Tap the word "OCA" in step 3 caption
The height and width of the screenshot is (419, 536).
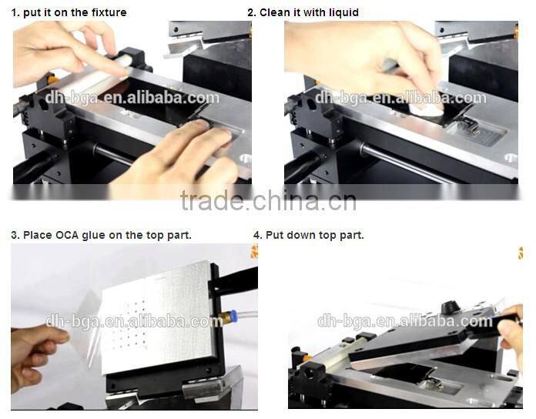69,235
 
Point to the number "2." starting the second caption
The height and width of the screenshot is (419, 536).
252,12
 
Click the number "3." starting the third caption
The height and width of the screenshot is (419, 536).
15,235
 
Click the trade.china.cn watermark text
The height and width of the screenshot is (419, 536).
268,201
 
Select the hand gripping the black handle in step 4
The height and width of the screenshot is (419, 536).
511,332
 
